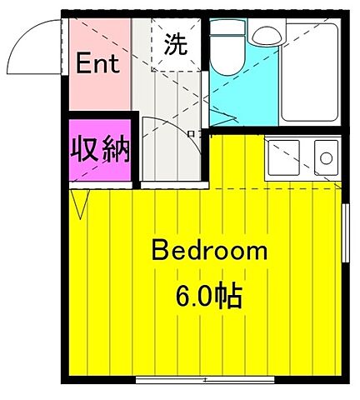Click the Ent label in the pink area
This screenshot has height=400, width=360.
tap(98, 62)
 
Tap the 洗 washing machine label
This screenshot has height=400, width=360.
tap(176, 43)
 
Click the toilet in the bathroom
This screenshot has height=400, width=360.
tap(227, 52)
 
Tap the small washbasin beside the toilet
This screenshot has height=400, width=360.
tap(267, 36)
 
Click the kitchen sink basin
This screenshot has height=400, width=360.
tap(284, 157)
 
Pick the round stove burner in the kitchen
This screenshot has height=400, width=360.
tap(326, 157)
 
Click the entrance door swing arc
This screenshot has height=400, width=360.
tap(33, 46)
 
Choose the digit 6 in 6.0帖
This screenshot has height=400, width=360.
tap(182, 295)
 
